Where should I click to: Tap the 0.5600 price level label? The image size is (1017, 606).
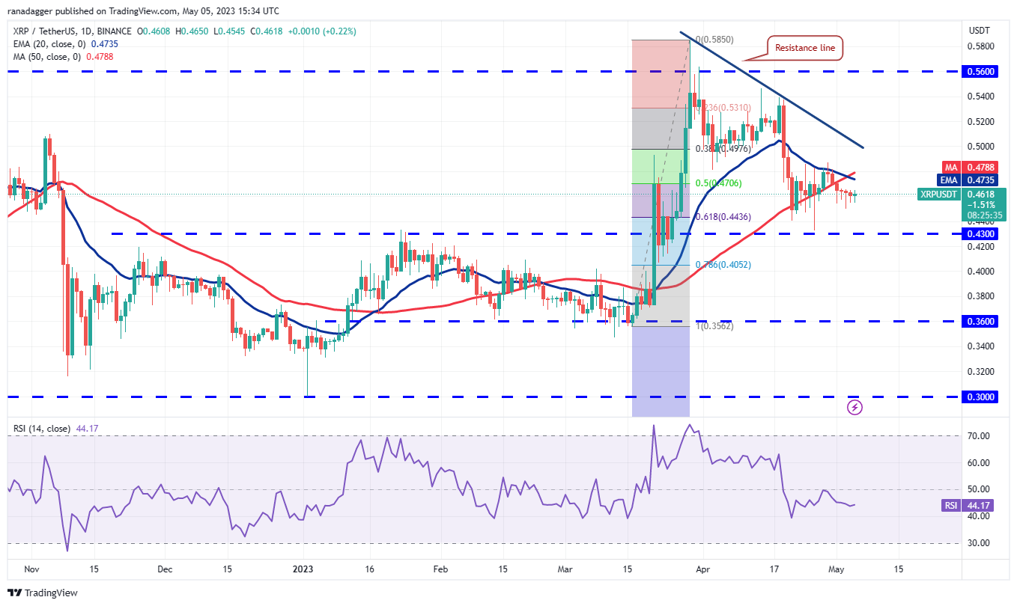[980, 72]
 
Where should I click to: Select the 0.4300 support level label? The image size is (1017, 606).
[980, 234]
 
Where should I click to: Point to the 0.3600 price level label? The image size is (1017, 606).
[980, 322]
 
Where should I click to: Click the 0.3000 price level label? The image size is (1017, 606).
[980, 397]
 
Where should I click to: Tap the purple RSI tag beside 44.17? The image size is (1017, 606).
[950, 506]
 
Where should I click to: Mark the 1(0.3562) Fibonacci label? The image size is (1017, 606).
[713, 326]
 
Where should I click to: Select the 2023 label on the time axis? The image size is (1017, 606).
[304, 569]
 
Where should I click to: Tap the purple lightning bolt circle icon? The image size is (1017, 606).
[854, 407]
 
